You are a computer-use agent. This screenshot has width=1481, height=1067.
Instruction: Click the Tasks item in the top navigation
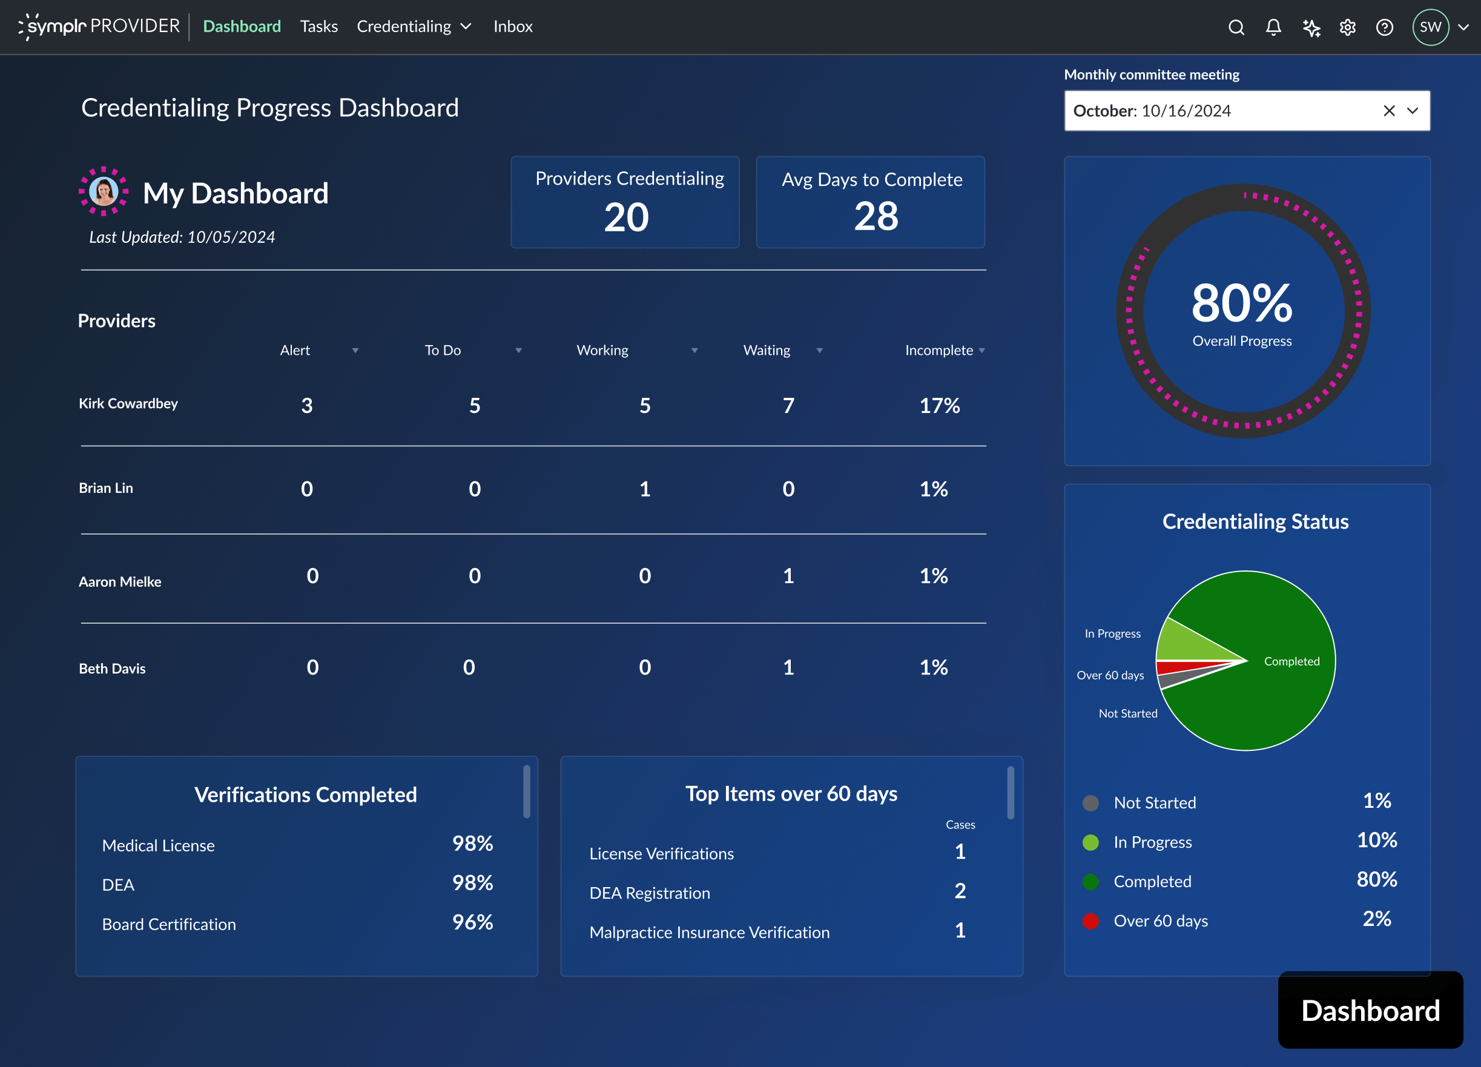(x=318, y=27)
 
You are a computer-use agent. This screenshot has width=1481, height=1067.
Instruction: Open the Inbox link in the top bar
(x=513, y=27)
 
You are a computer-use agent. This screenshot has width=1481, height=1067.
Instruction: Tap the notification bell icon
(x=1273, y=27)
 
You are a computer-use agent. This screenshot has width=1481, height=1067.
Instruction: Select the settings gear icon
(x=1347, y=27)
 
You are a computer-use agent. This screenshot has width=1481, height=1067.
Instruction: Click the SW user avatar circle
(x=1430, y=27)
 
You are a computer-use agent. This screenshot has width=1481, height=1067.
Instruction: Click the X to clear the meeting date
(x=1389, y=111)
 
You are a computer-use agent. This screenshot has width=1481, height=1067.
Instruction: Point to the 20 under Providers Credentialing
(x=625, y=217)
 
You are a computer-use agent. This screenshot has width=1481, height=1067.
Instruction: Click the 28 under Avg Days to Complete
(x=876, y=216)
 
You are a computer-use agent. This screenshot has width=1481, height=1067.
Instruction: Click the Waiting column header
(x=767, y=351)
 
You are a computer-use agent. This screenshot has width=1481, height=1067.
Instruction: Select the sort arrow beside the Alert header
(x=355, y=351)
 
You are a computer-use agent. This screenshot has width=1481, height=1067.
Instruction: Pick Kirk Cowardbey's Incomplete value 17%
(x=939, y=406)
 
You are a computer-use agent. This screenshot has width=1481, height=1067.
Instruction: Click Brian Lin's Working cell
(x=644, y=489)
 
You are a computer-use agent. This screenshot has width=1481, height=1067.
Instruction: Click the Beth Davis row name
(x=112, y=669)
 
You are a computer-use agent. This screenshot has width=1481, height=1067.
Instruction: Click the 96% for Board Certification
(x=472, y=922)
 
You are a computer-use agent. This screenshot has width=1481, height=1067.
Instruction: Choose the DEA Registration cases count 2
(x=959, y=891)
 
